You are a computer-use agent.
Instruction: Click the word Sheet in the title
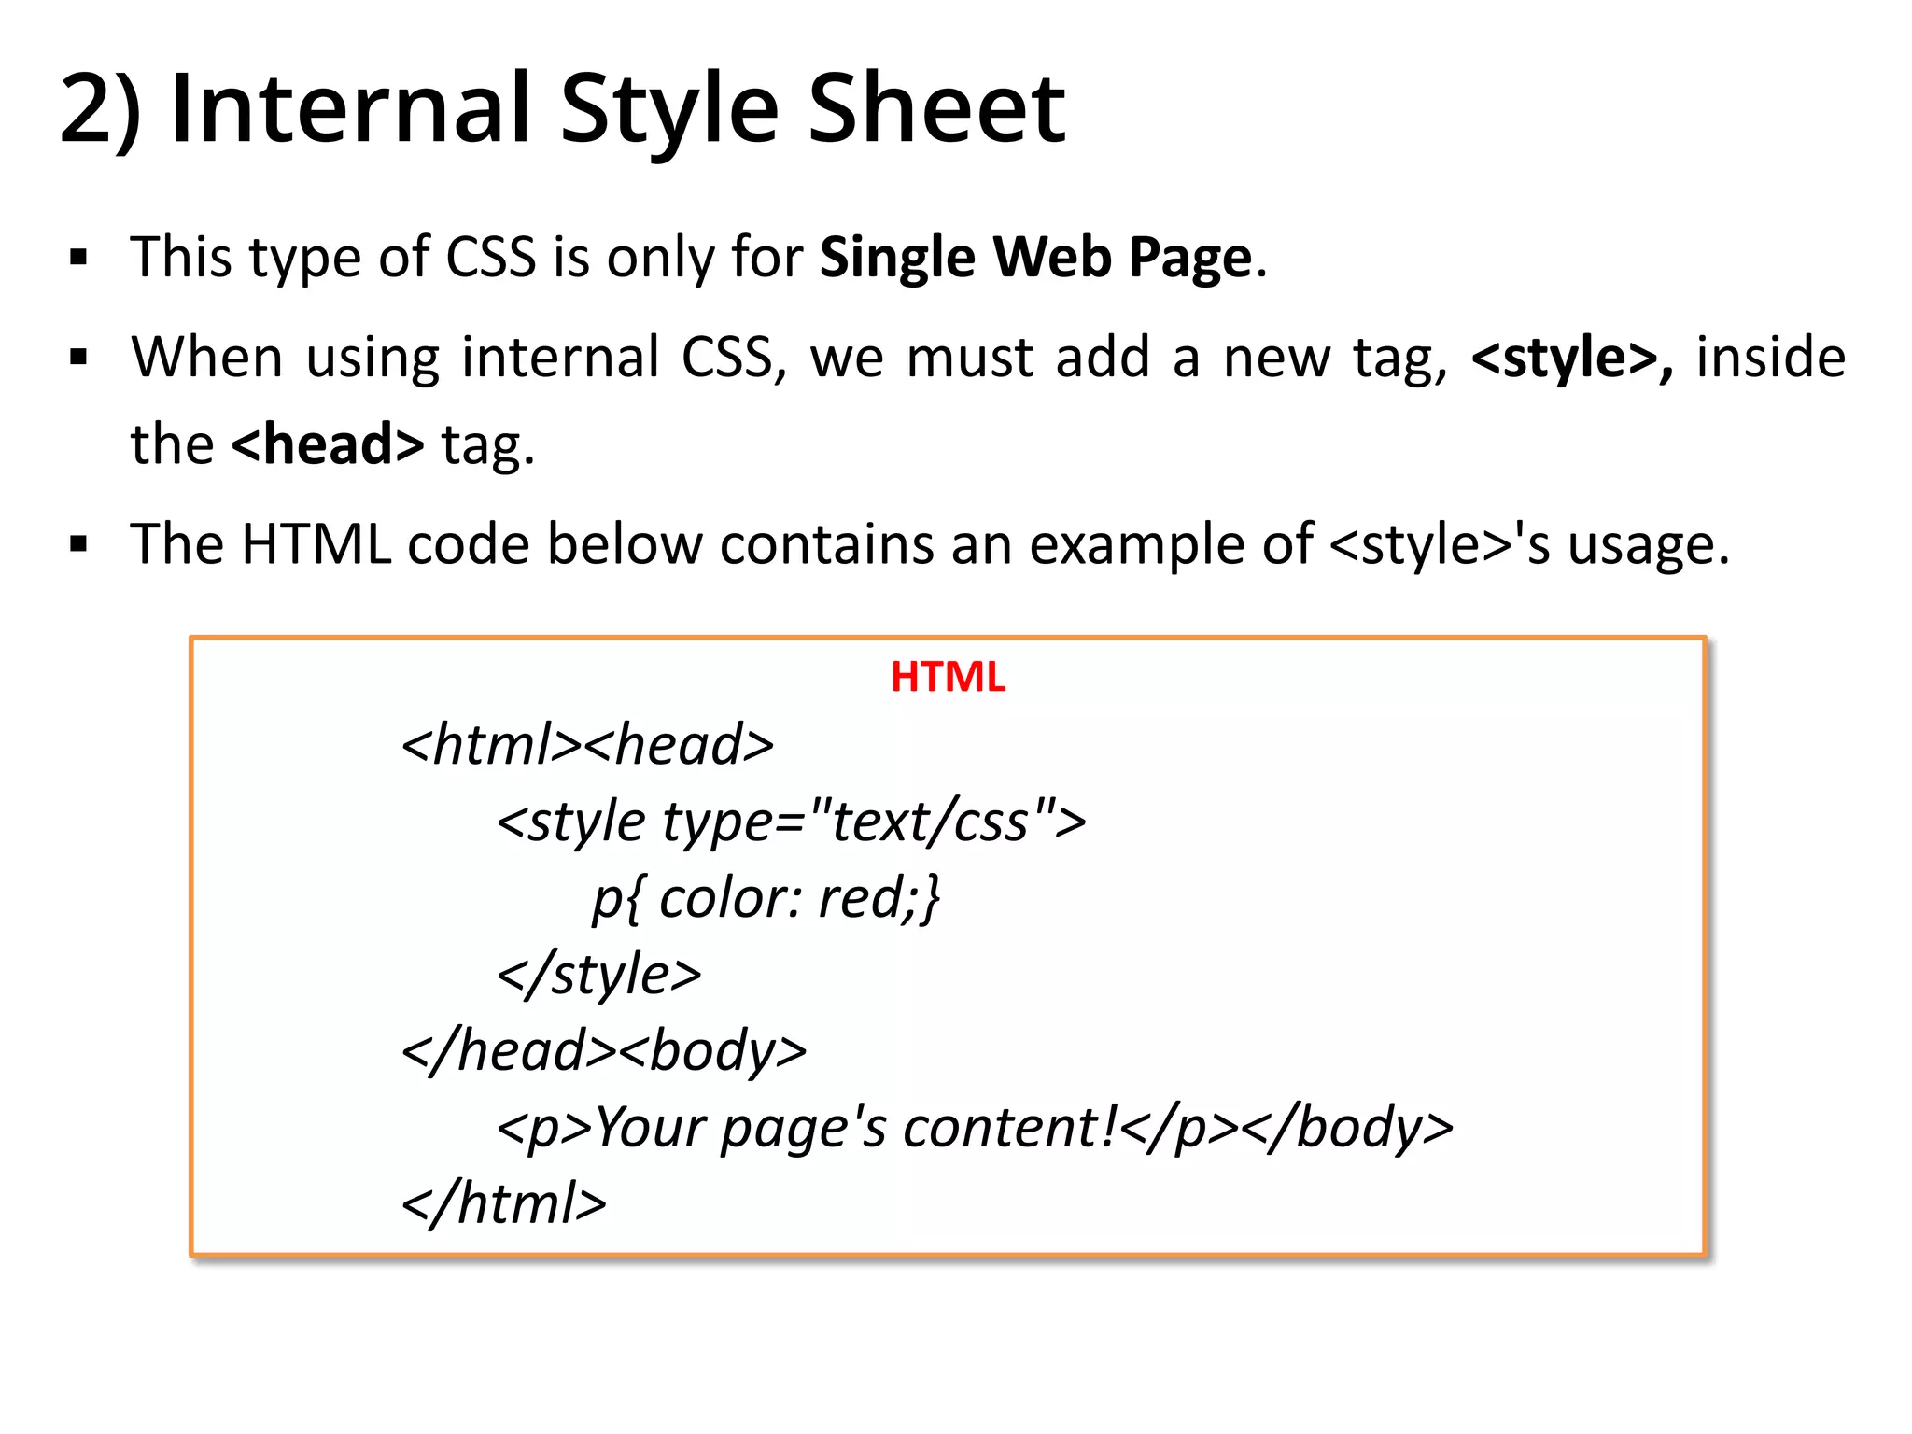(935, 109)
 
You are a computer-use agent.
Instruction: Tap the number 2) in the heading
(101, 111)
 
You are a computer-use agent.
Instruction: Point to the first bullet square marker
(78, 258)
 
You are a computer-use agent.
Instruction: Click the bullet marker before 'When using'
(78, 358)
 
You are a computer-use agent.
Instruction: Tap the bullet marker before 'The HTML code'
(78, 544)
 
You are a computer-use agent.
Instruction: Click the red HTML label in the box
(948, 677)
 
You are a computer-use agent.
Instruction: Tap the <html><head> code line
(587, 745)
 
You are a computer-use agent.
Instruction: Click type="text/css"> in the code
(874, 822)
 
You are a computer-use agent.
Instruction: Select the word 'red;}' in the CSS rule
(879, 898)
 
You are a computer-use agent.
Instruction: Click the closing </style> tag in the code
(598, 975)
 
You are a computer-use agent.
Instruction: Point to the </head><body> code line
(604, 1051)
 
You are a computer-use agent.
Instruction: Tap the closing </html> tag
(504, 1203)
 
